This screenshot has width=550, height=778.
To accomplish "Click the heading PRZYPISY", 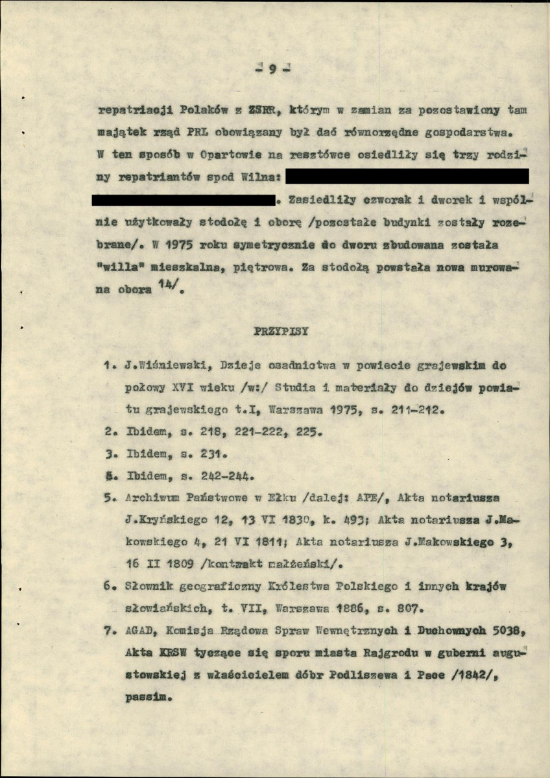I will point(281,331).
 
